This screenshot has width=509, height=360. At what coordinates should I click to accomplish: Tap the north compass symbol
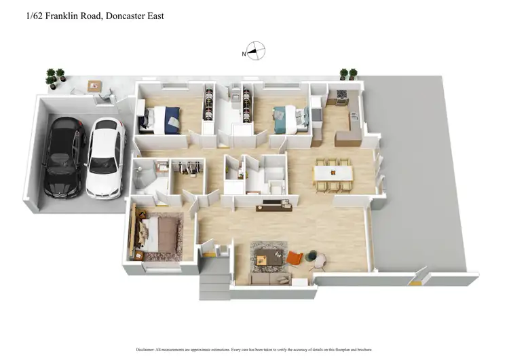click(x=255, y=51)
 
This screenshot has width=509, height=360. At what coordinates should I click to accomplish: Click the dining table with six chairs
click(x=333, y=173)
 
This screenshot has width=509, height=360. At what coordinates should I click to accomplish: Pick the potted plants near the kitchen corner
click(x=347, y=74)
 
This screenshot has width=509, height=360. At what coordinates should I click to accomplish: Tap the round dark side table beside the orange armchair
click(x=312, y=255)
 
